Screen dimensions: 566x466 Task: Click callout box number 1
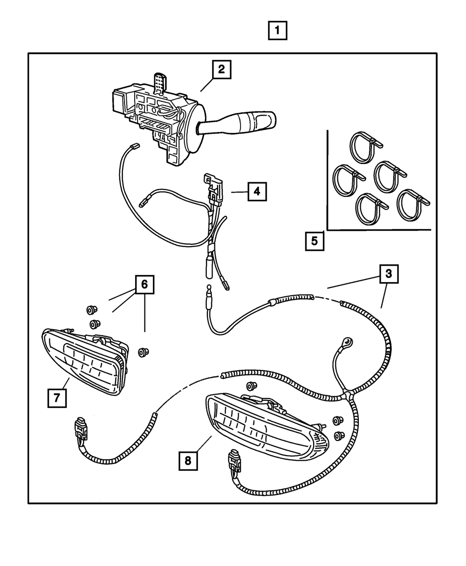[x=277, y=31]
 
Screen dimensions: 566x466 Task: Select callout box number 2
[x=221, y=70]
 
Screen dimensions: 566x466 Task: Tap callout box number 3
[x=388, y=275]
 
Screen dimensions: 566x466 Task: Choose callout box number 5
[x=314, y=241]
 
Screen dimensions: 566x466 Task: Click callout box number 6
[x=144, y=284]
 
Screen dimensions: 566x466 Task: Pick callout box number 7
[x=56, y=398]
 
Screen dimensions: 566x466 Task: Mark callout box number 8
[x=188, y=461]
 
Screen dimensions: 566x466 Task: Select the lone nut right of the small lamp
[x=142, y=352]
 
